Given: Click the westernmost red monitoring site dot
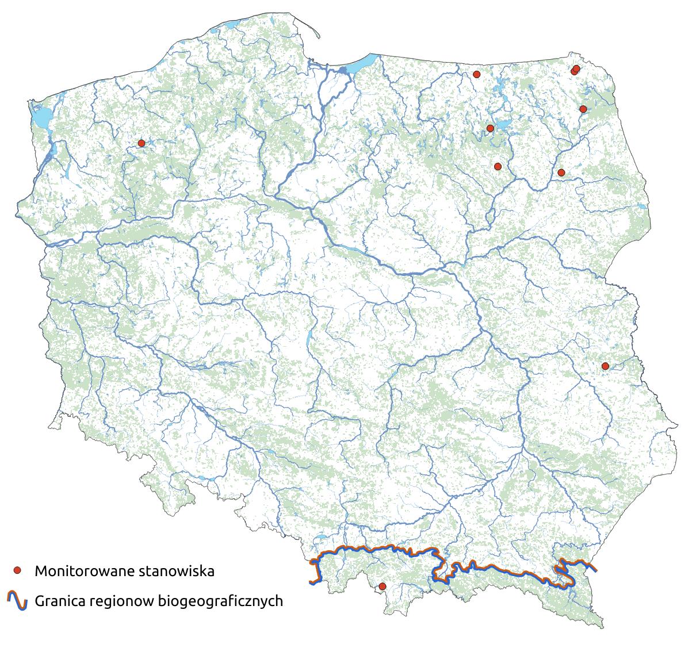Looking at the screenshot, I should [x=142, y=143].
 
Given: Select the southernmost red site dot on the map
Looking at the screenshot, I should [x=382, y=586].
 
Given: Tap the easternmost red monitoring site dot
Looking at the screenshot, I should [x=605, y=366].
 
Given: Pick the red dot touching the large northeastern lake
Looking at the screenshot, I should [x=490, y=128].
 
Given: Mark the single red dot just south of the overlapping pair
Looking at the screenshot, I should [x=583, y=109].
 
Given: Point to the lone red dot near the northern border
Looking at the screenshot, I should [x=476, y=74].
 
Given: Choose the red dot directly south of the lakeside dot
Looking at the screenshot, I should [x=498, y=166].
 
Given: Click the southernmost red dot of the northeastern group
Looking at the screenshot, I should [x=561, y=172].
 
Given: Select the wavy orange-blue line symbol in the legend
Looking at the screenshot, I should [x=17, y=600].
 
